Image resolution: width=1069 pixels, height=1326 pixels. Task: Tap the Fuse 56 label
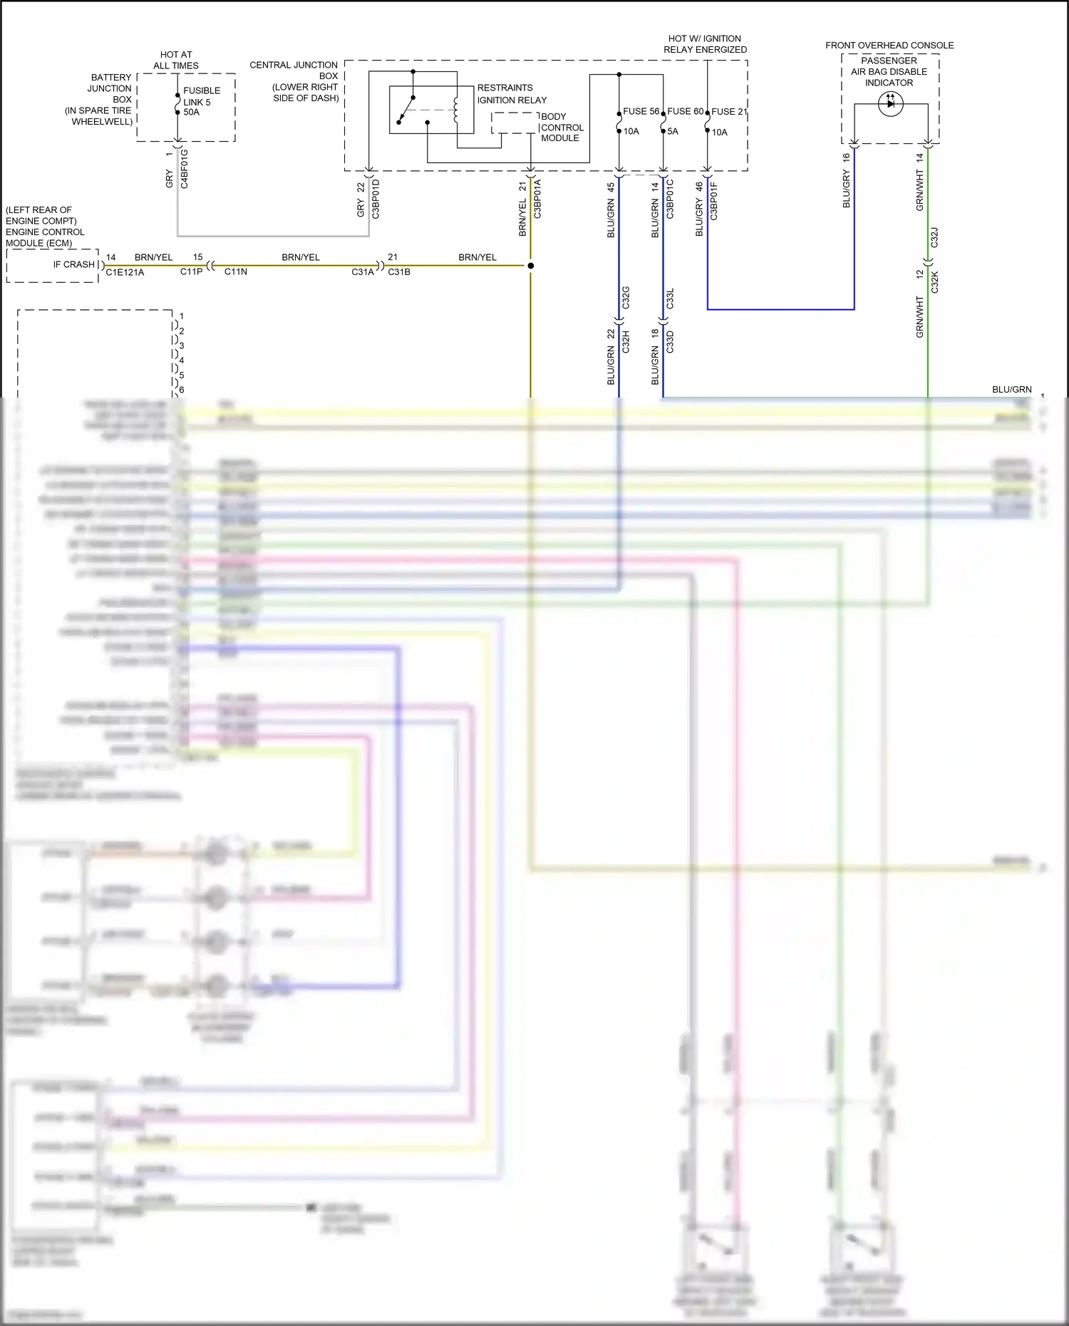coord(641,111)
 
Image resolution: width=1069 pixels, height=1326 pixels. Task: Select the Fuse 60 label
coord(685,111)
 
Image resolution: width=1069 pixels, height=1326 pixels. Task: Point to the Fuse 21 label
coord(729,112)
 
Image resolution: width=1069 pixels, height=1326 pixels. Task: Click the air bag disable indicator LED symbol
coord(891,104)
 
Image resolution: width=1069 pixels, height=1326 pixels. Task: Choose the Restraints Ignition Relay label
coord(512,94)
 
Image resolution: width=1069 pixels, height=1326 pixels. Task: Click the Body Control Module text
coord(562,128)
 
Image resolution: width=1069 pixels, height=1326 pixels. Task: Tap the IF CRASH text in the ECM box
coord(73,264)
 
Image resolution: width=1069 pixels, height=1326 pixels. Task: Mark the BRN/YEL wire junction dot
coord(530,266)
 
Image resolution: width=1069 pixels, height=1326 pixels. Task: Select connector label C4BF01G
coord(185,169)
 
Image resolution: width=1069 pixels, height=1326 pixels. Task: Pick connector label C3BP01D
coord(376,199)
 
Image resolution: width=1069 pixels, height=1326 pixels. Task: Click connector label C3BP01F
coord(714,201)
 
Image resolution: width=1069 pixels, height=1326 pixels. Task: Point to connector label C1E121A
coord(125,272)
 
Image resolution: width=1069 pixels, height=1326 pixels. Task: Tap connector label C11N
coord(235,272)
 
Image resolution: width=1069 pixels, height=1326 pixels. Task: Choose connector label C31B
coord(399,272)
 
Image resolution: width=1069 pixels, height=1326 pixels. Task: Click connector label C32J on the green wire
coord(934,237)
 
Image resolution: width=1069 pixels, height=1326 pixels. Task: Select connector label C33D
coord(670,342)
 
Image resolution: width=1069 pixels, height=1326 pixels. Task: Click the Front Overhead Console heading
coord(889,46)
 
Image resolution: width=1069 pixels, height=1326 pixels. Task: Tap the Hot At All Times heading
coord(176,60)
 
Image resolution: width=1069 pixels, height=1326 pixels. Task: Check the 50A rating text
coord(191,113)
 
